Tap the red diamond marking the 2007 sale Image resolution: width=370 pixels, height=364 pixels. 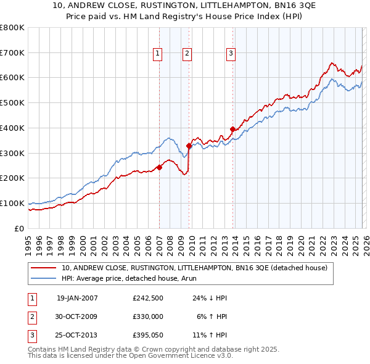pos(159,167)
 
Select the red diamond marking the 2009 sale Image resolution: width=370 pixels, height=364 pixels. pos(189,146)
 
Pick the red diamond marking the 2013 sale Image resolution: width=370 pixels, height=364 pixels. pos(232,129)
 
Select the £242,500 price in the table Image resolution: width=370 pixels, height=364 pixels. pos(148,298)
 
